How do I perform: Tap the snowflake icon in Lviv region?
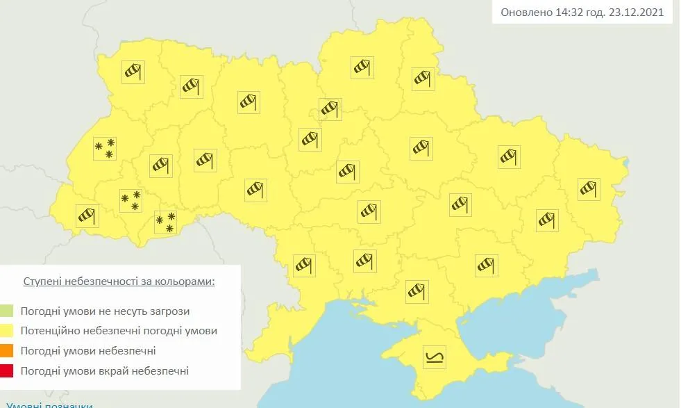(x=105, y=148)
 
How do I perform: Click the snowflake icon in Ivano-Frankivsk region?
(x=130, y=200)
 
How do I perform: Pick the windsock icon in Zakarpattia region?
(x=87, y=215)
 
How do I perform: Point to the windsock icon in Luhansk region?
(x=589, y=188)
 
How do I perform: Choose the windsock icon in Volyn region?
(x=133, y=72)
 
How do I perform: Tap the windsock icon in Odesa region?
(x=304, y=265)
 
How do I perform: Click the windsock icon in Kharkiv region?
(x=509, y=156)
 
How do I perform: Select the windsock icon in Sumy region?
(x=423, y=79)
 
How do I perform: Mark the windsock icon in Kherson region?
(x=417, y=291)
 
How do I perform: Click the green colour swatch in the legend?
(x=7, y=311)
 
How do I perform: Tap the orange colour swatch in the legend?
(x=7, y=351)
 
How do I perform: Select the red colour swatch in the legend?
(x=7, y=371)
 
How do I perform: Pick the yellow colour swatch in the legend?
(x=7, y=331)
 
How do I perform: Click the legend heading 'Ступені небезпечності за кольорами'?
(x=119, y=281)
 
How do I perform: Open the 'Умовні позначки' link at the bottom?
(x=49, y=405)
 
